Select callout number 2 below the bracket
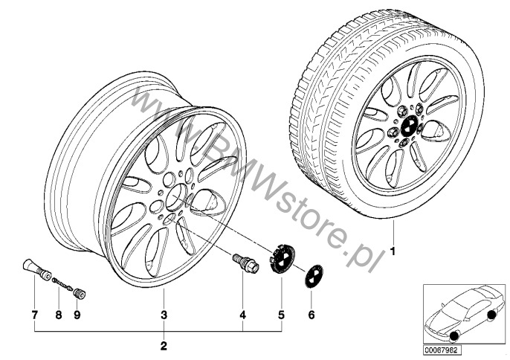coord(164,346)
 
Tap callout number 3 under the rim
coord(164,315)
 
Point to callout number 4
coord(242,315)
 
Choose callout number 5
coord(281,315)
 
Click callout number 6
coord(312,315)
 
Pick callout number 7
coord(34,315)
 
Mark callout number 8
coord(59,315)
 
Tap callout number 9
coord(77,315)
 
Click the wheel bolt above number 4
coord(246,263)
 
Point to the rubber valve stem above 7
coord(36,269)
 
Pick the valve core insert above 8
coord(62,283)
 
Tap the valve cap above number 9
coord(80,293)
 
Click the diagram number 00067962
coord(442,350)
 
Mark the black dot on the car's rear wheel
coord(491,315)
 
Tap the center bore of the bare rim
coord(177,197)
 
